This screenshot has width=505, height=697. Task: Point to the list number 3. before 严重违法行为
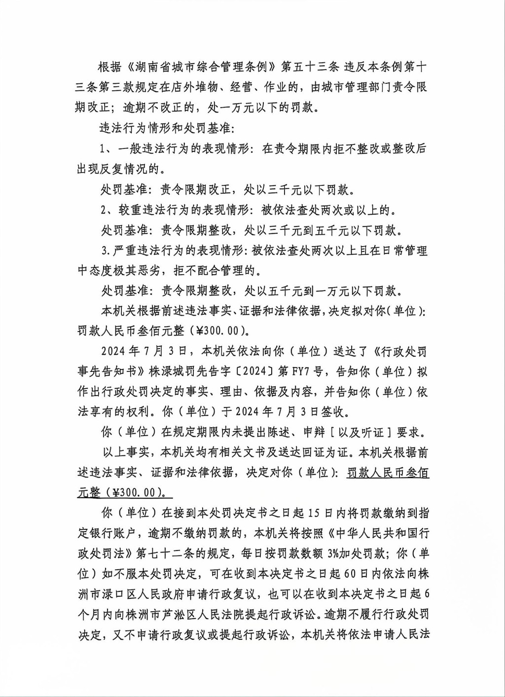coord(105,251)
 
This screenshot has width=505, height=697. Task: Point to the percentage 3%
coord(334,553)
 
